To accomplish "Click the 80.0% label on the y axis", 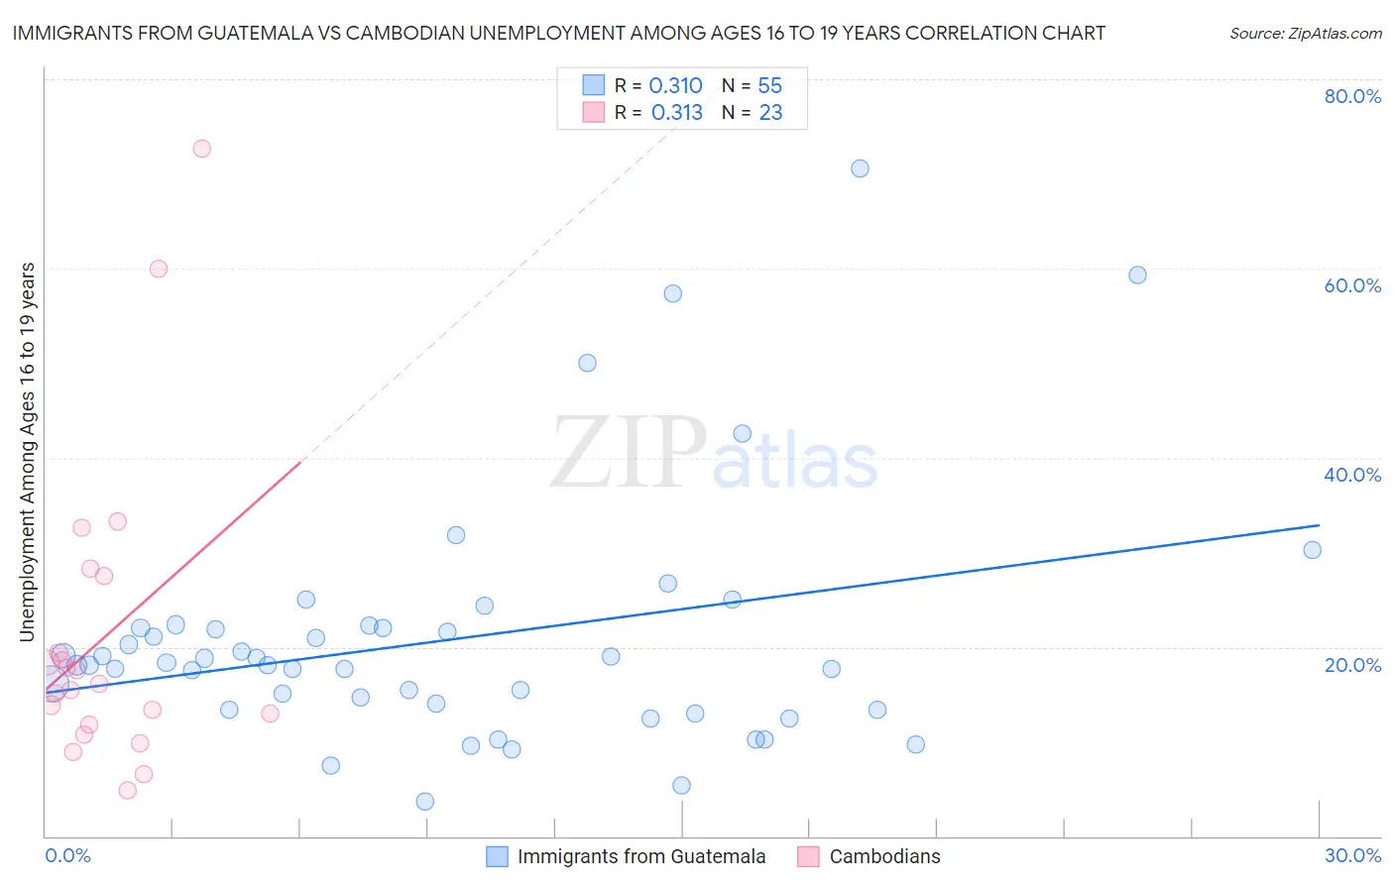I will coord(1352,96).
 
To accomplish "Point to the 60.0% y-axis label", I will coord(1352,285).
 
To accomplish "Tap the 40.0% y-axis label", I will coord(1352,475).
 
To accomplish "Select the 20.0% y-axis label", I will coord(1352,665).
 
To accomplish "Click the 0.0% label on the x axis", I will coord(67,855).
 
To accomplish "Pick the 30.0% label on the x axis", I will coord(1352,855).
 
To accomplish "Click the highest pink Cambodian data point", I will coord(201,149).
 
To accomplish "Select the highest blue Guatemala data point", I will coord(860,168).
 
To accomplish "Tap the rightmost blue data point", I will coord(1312,550).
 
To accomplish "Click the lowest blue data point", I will coord(425,801).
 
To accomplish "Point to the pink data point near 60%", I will coord(159,269).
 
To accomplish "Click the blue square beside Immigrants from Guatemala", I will coord(497,856).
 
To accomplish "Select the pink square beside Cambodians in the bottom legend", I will coord(808,856).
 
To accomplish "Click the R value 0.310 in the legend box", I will coord(675,86).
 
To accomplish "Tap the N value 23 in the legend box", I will coord(770,113).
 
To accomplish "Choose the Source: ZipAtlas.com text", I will coord(1305,33).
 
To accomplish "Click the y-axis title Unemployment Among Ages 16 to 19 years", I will coord(28,451).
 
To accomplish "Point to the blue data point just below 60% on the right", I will coord(1137,275).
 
